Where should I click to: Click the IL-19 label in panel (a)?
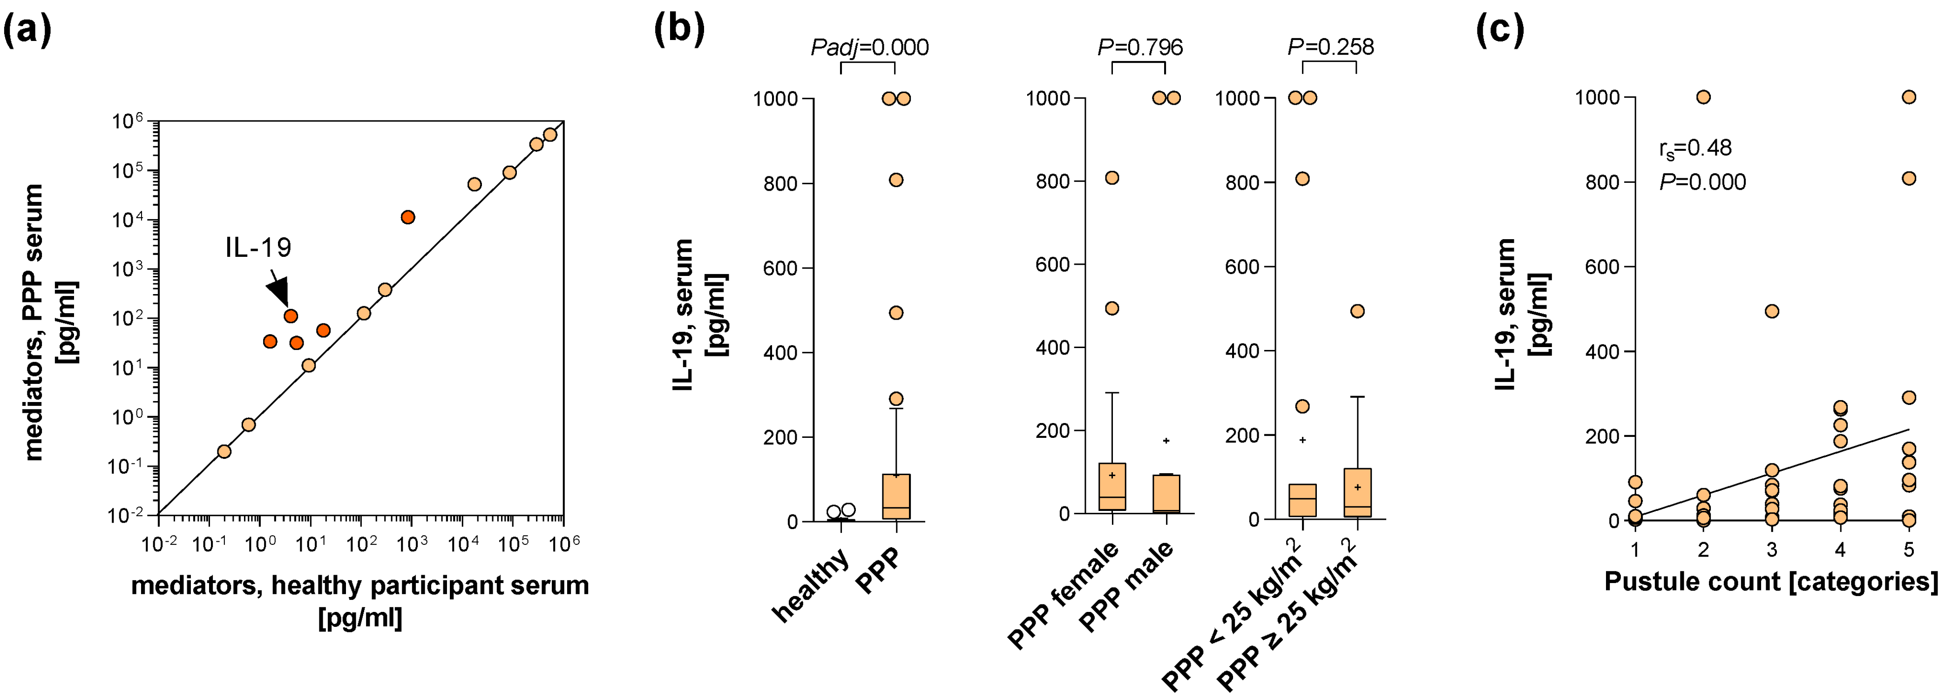point(258,248)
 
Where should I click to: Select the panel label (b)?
point(679,30)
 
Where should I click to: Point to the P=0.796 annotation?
point(1140,47)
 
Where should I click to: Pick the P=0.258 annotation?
point(1330,47)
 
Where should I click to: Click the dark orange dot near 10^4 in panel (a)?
point(408,217)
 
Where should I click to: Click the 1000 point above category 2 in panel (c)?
point(1703,97)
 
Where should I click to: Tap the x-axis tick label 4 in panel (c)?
point(1840,550)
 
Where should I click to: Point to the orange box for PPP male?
point(1166,494)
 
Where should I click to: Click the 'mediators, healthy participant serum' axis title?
point(360,585)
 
